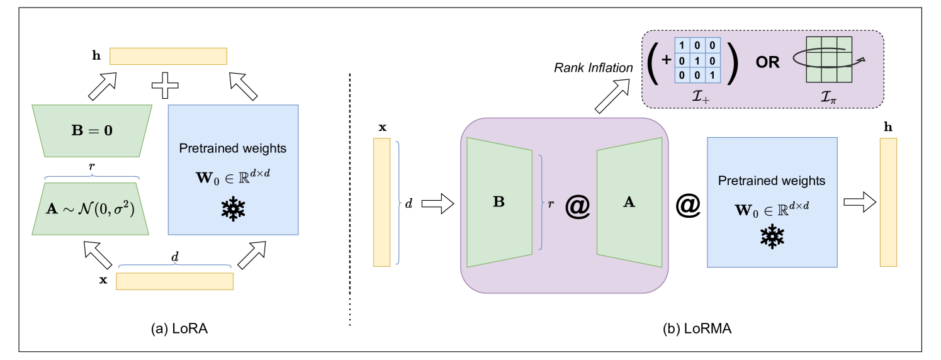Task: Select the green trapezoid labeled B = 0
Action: tap(93, 130)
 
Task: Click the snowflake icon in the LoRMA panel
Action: tap(772, 237)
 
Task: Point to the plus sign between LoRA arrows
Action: tap(165, 85)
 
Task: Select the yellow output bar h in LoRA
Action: tap(168, 56)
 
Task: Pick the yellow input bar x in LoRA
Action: tap(174, 281)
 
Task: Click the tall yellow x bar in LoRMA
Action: tap(382, 202)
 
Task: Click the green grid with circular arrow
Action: tap(829, 60)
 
